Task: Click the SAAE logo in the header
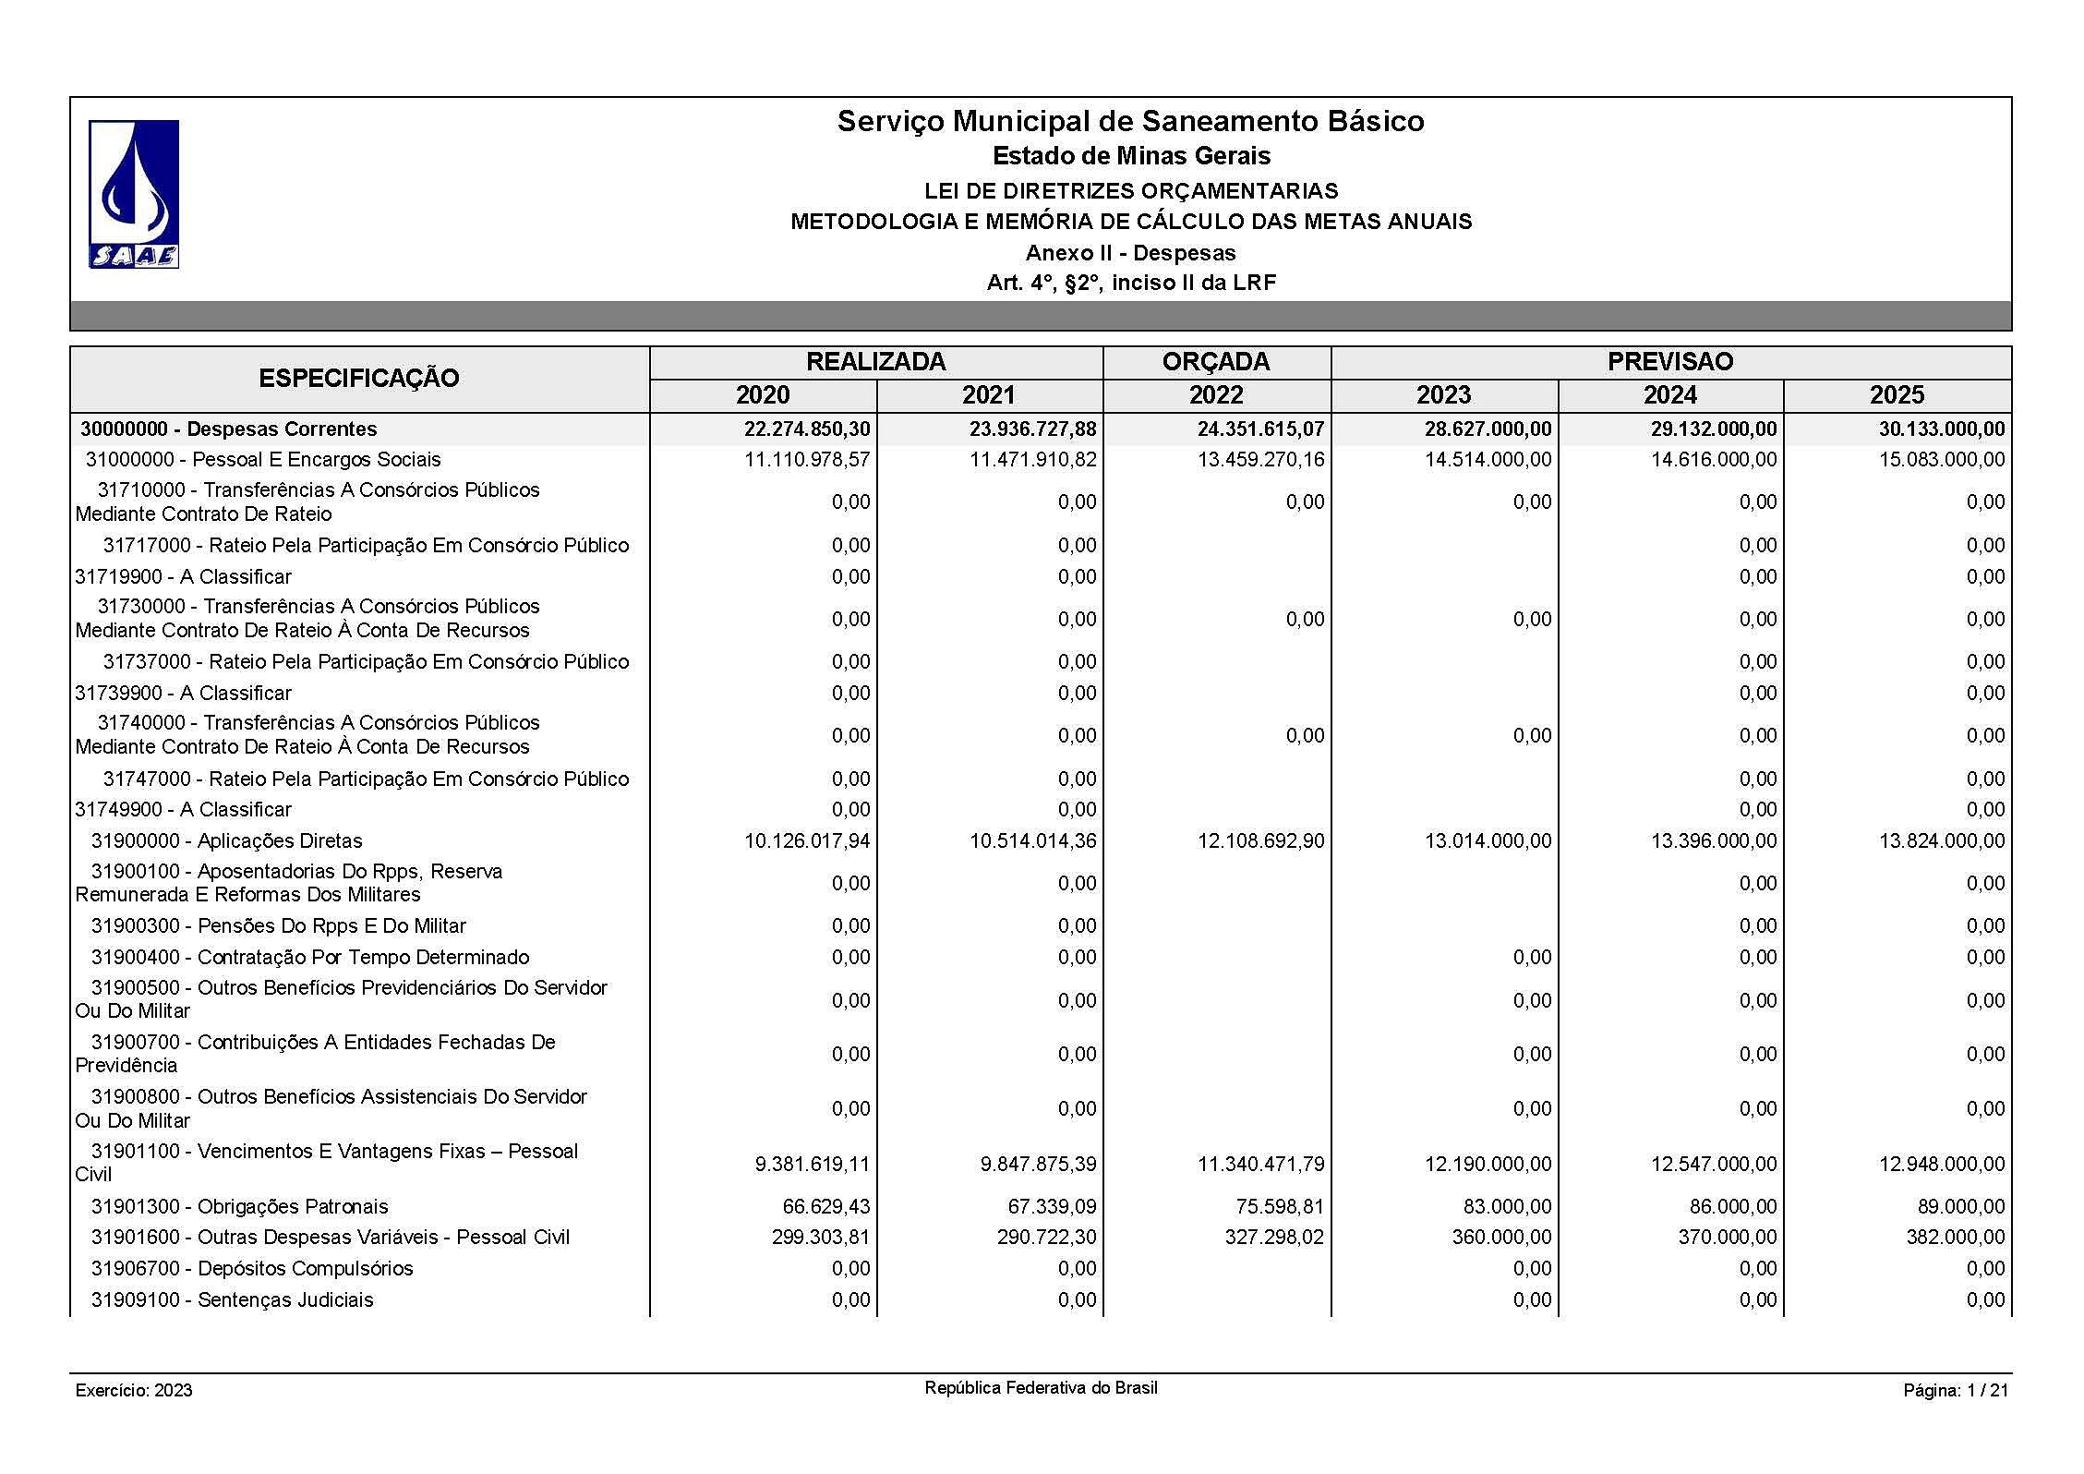coord(134,194)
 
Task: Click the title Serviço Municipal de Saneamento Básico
coord(1130,121)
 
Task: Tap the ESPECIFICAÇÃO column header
coord(359,379)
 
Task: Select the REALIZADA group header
coord(875,362)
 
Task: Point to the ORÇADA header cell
coord(1216,362)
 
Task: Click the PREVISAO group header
coord(1669,362)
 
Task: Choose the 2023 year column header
coord(1443,395)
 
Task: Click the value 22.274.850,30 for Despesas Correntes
coord(807,429)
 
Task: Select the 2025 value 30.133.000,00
coord(1941,429)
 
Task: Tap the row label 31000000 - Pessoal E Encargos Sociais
coord(263,460)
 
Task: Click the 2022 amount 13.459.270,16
coord(1260,460)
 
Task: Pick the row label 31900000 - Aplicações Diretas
coord(226,841)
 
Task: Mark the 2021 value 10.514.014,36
coord(1032,841)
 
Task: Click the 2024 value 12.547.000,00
coord(1714,1164)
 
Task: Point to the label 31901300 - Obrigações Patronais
coord(239,1207)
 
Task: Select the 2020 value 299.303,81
coord(820,1238)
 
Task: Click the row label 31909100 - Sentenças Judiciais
coord(232,1300)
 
